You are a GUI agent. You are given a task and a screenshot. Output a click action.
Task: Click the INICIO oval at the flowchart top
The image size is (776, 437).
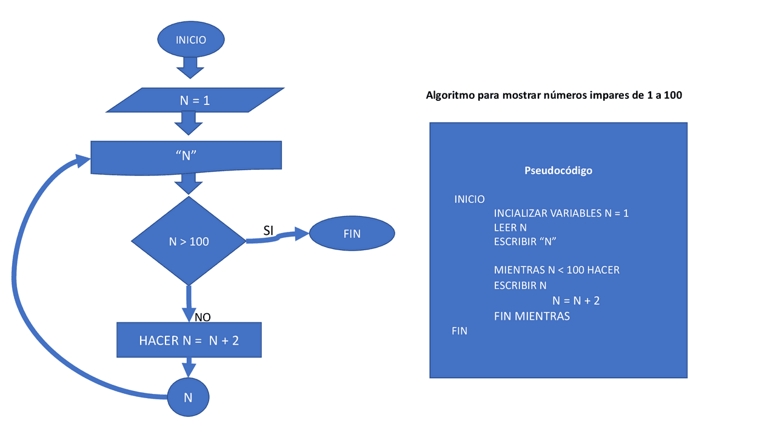pos(191,40)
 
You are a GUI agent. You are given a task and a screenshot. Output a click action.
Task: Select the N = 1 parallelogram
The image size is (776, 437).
pos(195,100)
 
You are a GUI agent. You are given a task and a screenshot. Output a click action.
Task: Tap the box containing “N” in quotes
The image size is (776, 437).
pos(186,155)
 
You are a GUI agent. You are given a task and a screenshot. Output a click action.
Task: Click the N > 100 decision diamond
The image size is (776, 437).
pos(189,242)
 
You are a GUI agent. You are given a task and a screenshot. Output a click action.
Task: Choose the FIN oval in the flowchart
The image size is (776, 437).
pos(352,234)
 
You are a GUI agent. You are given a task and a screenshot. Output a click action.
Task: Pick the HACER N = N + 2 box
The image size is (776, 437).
pos(189,340)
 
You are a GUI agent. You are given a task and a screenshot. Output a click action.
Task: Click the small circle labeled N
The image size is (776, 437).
pos(188,398)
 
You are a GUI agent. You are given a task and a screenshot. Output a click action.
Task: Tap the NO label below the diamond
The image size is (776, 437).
pos(202,317)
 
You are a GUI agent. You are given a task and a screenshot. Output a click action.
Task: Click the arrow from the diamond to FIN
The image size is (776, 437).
pos(279,237)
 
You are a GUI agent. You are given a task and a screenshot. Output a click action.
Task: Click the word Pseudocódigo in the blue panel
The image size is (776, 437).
pos(558,171)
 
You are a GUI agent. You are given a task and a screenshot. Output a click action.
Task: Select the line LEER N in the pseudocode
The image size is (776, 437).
pos(510,228)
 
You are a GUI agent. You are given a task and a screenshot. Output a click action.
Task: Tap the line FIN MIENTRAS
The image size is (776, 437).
pos(532,316)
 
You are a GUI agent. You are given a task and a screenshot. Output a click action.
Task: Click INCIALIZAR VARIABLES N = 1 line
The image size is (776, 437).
pos(561,213)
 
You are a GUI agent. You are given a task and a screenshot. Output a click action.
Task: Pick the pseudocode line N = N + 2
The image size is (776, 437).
pos(576,300)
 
